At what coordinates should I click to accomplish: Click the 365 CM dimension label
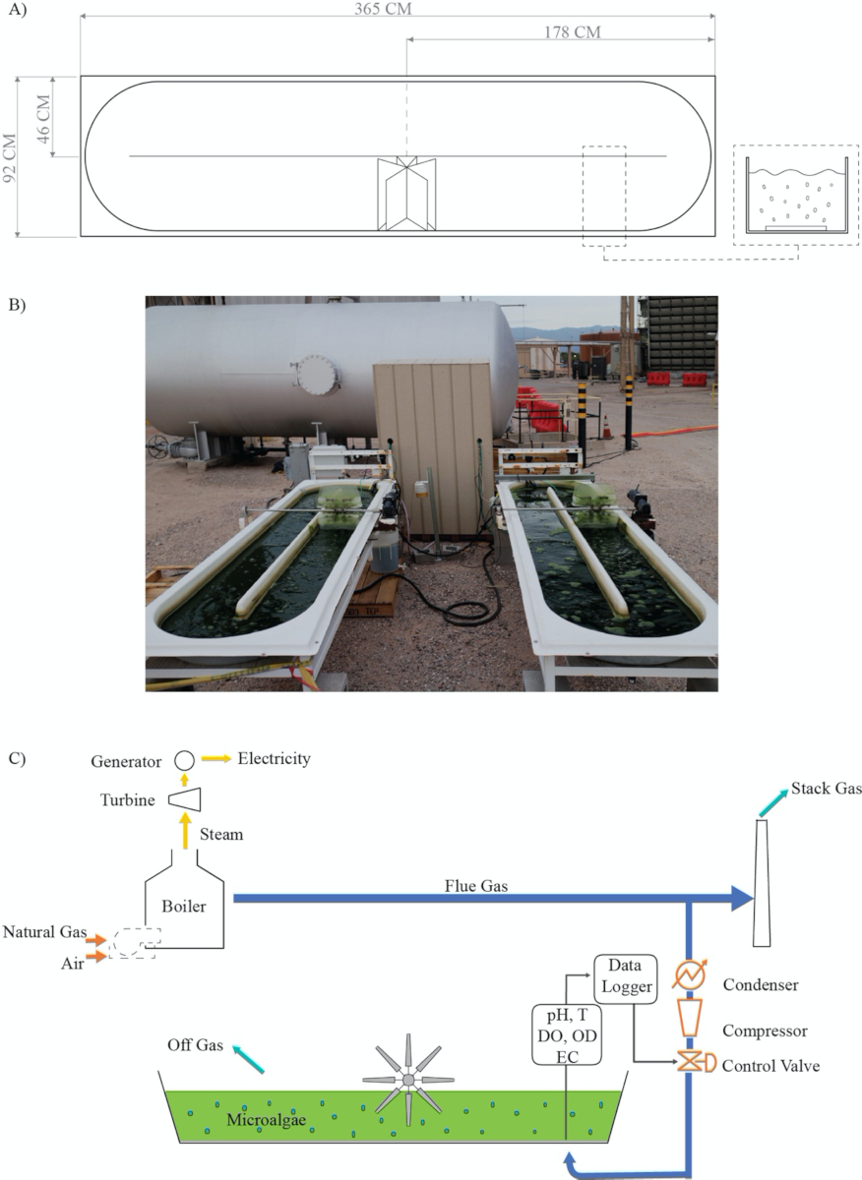point(383,9)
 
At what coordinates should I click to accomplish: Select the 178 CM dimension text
point(573,32)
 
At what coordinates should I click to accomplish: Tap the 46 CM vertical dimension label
point(43,119)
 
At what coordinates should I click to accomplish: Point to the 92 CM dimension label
point(10,158)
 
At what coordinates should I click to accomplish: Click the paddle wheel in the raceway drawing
point(406,193)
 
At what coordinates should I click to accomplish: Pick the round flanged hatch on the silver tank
point(317,375)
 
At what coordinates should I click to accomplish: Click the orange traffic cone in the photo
point(607,427)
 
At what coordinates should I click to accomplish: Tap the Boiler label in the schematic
point(183,906)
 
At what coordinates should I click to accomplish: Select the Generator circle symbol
point(185,760)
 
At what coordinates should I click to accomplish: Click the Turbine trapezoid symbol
point(185,799)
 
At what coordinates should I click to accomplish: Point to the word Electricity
point(275,758)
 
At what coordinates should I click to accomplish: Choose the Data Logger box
point(626,979)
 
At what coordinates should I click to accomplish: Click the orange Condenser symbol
point(689,974)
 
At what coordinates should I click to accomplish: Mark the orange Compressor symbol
point(689,1018)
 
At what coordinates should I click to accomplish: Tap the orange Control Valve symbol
point(696,1063)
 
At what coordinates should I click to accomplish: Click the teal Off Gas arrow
point(248,1059)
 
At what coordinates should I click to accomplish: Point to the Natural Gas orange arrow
point(96,940)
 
